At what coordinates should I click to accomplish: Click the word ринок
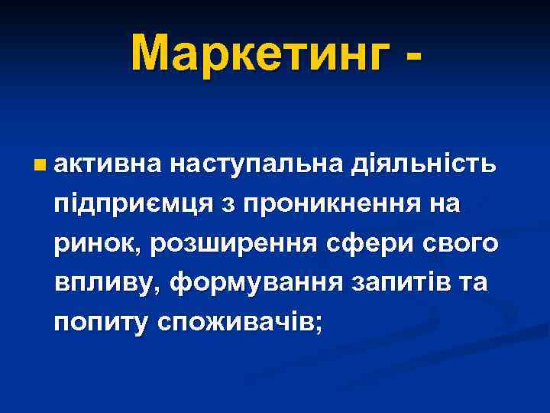click(98, 244)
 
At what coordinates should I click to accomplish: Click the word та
click(472, 285)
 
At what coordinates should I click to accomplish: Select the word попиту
click(101, 324)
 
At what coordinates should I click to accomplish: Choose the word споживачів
click(236, 323)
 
